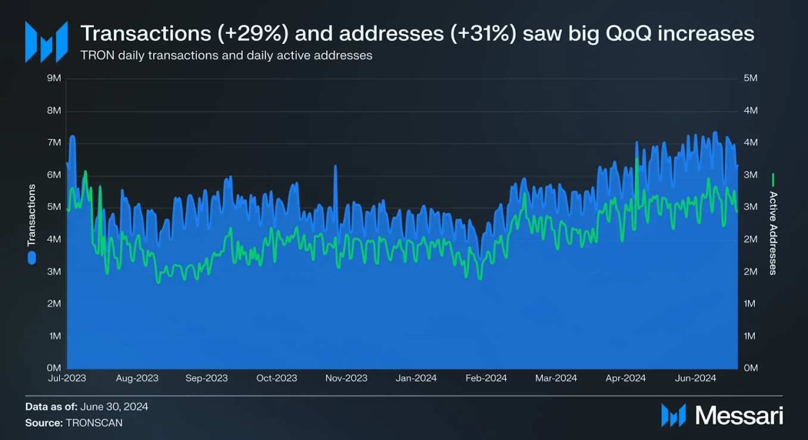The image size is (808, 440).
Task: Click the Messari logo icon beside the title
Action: tap(46, 42)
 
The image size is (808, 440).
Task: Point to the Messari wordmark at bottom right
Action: tap(739, 416)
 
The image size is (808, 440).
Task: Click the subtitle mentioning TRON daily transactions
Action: tap(226, 55)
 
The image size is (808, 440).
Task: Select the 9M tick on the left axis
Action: tap(54, 78)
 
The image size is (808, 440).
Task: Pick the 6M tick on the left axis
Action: tap(54, 175)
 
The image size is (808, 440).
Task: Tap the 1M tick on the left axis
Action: tap(54, 336)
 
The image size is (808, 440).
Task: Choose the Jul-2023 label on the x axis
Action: tap(67, 378)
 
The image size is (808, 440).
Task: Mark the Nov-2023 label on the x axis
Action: tap(347, 378)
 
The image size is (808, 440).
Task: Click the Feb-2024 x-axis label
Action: tap(486, 378)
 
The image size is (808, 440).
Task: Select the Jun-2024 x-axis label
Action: tap(695, 378)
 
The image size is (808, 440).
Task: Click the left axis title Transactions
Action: tap(32, 215)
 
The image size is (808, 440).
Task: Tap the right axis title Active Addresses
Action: tap(773, 233)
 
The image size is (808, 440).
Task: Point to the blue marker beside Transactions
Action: tap(32, 258)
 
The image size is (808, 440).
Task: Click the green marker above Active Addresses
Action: tap(773, 179)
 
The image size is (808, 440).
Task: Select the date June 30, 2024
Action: tap(114, 407)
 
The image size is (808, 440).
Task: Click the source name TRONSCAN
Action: tap(93, 423)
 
